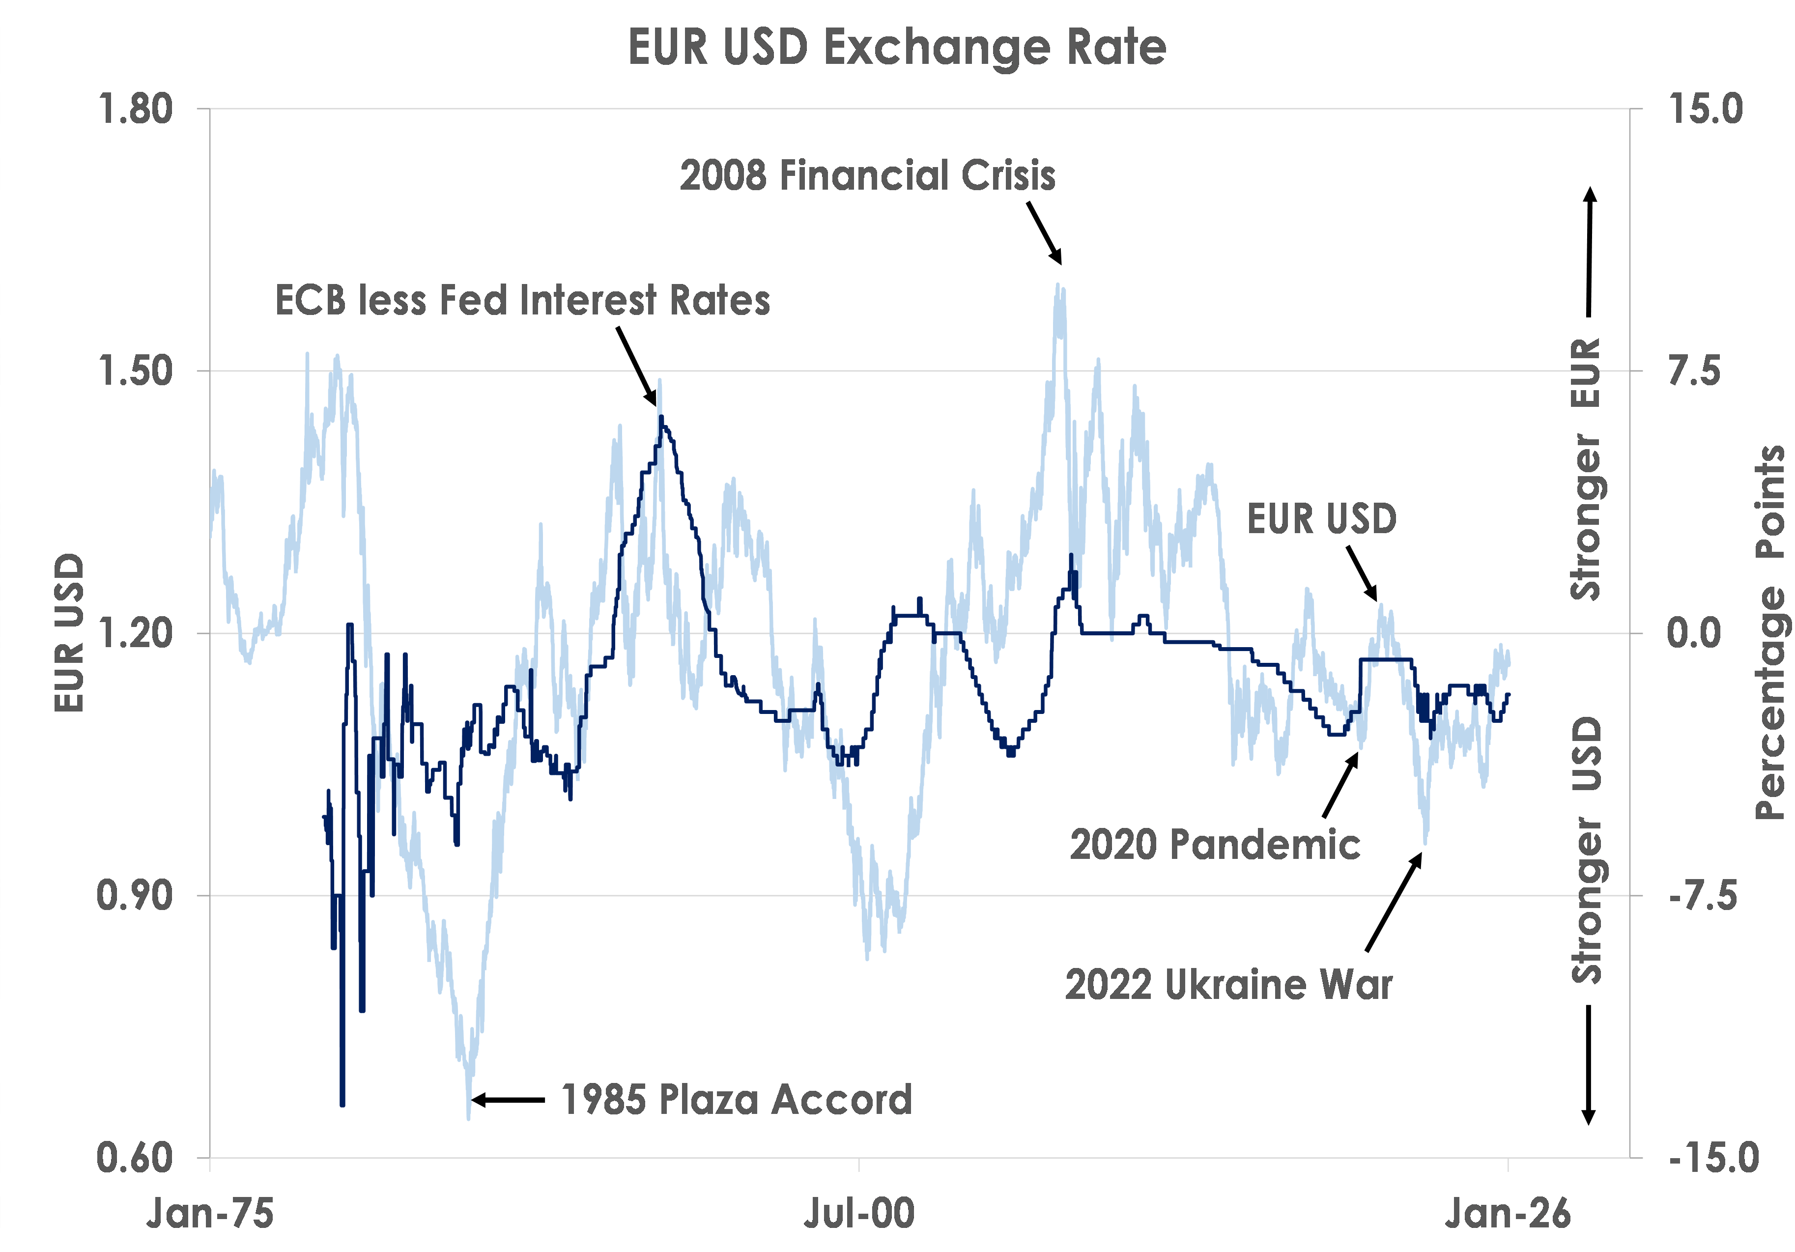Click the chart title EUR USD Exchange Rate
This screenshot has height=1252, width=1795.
897,47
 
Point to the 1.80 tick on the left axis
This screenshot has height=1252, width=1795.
135,109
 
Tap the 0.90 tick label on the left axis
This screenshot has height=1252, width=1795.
135,895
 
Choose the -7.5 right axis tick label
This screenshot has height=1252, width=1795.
1703,895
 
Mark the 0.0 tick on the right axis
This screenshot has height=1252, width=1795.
1694,633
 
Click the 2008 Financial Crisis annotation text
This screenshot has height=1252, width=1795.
867,175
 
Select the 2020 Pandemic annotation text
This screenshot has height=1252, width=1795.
1215,845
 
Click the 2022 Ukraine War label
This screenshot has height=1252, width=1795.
1228,984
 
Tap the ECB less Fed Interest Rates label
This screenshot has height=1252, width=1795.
522,300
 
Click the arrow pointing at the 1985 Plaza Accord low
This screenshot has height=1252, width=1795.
508,1100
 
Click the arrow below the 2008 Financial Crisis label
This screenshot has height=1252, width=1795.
1045,233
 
